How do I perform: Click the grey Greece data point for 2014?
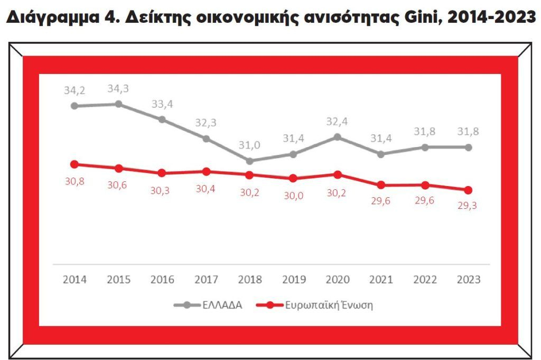coord(74,106)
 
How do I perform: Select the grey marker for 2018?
coord(249,161)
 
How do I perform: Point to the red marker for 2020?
coord(338,174)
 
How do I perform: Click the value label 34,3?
coord(118,89)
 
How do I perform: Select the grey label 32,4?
coord(338,122)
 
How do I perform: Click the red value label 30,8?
coord(74,181)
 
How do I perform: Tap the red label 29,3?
coord(468,206)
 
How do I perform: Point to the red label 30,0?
coord(294,195)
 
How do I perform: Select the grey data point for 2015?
coord(118,104)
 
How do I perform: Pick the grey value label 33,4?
coord(162,104)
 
